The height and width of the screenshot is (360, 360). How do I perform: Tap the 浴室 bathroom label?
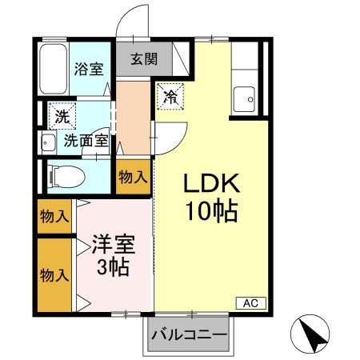88,68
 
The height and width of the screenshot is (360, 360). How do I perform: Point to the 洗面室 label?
86,141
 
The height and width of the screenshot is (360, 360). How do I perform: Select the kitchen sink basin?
243,101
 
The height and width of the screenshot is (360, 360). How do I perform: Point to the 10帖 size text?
212,213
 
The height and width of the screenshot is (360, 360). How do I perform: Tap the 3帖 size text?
113,268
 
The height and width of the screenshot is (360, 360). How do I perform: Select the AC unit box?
250,303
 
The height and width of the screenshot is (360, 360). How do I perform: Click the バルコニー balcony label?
189,334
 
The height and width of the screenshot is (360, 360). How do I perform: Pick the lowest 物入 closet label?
54,275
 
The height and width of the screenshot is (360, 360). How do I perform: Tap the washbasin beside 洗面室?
46,145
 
